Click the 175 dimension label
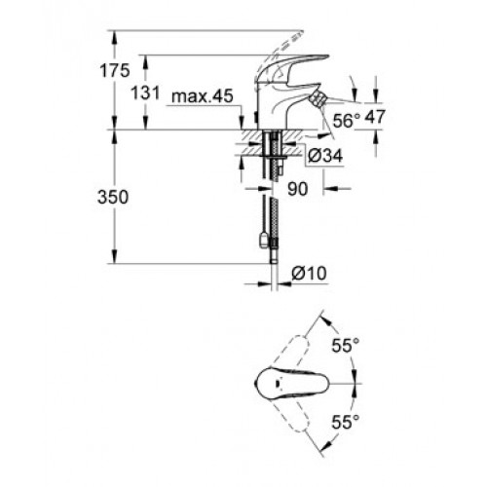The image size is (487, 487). [115, 70]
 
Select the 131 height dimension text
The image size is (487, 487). [145, 94]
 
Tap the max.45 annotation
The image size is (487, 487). [203, 96]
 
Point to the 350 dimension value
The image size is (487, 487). [113, 197]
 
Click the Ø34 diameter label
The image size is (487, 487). [324, 156]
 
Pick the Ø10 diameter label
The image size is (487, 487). [309, 274]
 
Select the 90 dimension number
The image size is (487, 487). [297, 189]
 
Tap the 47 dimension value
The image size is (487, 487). [375, 117]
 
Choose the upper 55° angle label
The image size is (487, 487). [346, 345]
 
